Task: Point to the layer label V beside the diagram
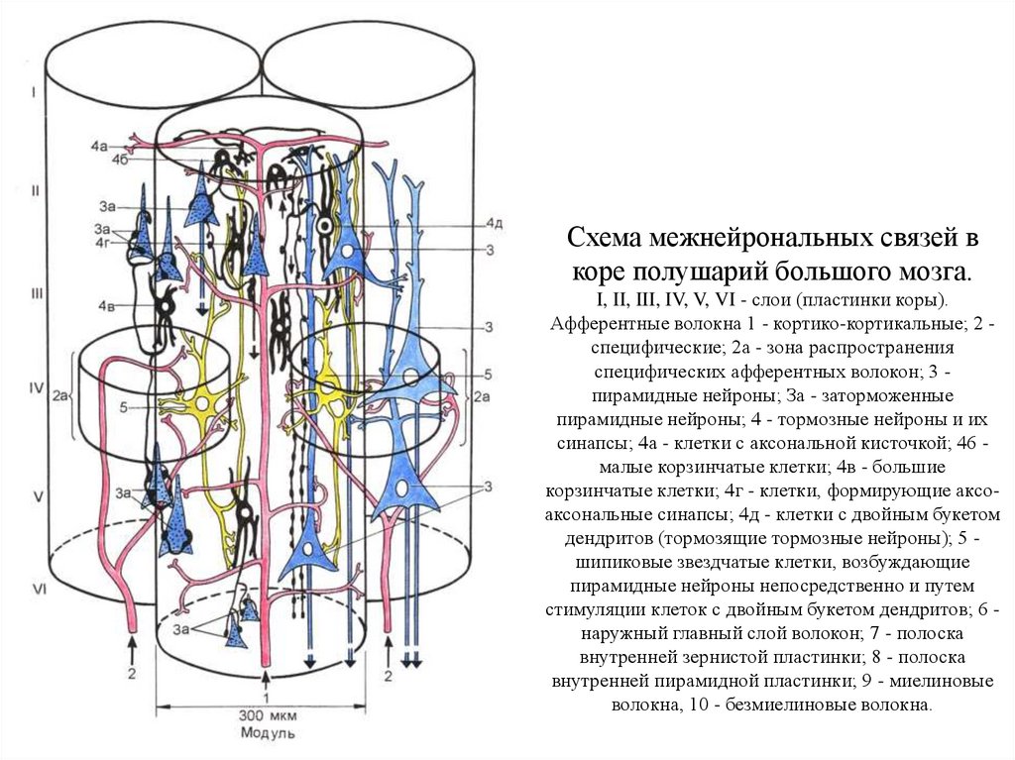click(x=37, y=492)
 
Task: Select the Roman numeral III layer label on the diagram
click(x=38, y=294)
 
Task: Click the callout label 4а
click(x=97, y=146)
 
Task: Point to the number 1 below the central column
click(x=267, y=695)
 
